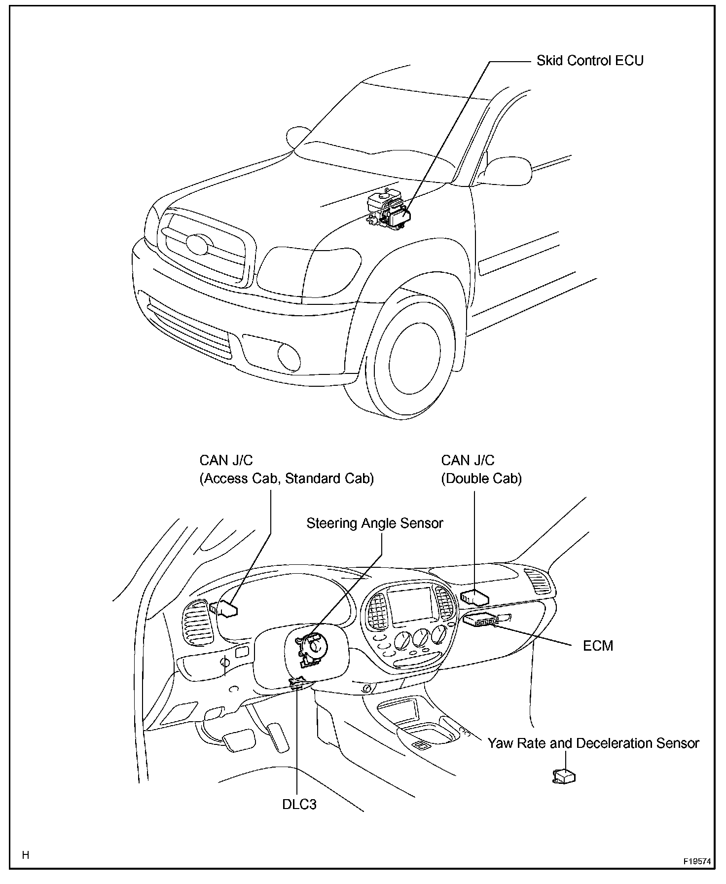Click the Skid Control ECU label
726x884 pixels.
[590, 61]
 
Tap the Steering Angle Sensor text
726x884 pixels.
[374, 523]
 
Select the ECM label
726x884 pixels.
[598, 645]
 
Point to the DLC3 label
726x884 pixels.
[299, 804]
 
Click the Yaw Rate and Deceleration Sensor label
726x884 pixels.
[593, 743]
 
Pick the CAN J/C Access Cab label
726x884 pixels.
[286, 469]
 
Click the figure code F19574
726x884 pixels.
[696, 861]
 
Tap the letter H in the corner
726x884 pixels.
[26, 855]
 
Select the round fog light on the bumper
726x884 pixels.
[289, 356]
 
